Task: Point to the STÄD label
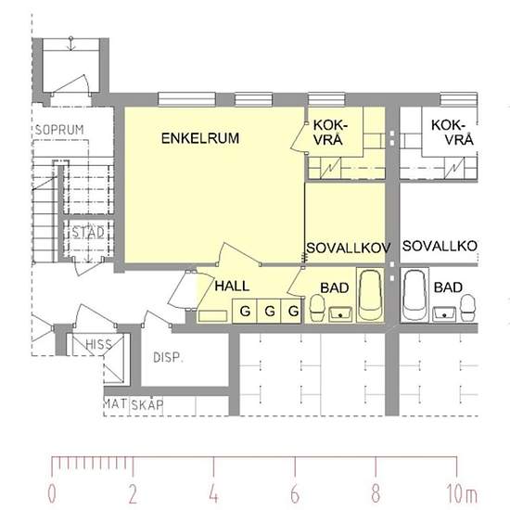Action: click(88, 232)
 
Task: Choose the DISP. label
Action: click(167, 357)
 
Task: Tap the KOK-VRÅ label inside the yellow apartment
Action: click(331, 132)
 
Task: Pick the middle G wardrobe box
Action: click(269, 311)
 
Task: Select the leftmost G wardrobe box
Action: click(245, 311)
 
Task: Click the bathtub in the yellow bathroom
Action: click(371, 295)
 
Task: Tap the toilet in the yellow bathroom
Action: click(317, 307)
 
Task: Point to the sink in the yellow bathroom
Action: click(339, 312)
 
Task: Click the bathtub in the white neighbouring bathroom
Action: click(414, 295)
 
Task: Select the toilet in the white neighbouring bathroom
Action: click(466, 307)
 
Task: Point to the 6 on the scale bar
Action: click(295, 491)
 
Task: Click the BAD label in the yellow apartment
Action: click(335, 288)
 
